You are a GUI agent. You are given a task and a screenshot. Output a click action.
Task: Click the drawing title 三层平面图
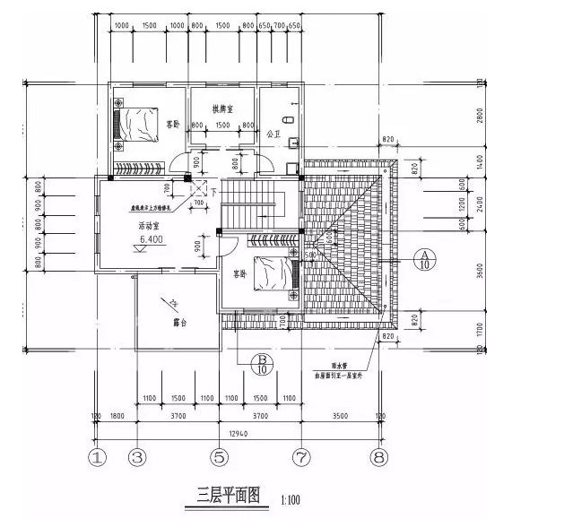point(228,494)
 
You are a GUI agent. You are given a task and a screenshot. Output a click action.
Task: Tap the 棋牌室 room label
point(224,108)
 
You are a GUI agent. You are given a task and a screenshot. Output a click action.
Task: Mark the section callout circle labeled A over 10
point(424,260)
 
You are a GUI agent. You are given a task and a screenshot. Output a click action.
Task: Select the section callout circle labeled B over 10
point(263,363)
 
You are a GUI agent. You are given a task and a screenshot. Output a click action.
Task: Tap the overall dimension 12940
point(239,433)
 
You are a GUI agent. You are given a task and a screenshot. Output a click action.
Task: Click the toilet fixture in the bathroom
point(289,119)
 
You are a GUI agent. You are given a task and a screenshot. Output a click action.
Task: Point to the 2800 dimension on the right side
point(481,117)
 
